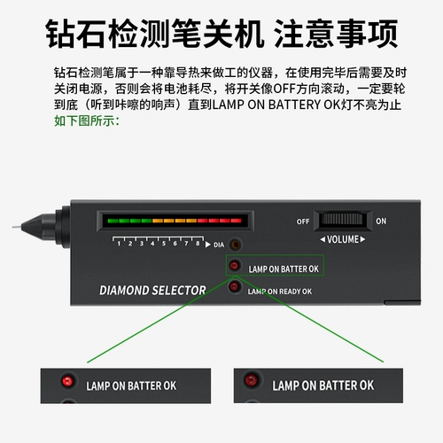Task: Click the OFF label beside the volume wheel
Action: (303, 221)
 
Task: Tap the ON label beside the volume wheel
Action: (381, 221)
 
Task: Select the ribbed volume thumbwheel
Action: (342, 220)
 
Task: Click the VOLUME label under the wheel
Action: (343, 239)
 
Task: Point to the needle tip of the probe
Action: (13, 227)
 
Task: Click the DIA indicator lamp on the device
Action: (236, 245)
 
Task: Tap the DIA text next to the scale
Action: (219, 245)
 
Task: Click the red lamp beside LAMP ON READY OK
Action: (235, 286)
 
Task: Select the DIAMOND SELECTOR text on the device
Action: (152, 291)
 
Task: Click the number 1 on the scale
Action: (119, 244)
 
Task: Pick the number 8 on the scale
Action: (198, 244)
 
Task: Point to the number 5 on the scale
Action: (164, 244)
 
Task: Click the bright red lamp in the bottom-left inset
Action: (67, 380)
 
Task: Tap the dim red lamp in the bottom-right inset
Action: (252, 379)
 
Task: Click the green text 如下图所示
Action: (87, 121)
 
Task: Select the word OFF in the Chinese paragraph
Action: (284, 89)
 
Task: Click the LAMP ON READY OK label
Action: (280, 291)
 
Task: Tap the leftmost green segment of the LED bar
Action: (113, 221)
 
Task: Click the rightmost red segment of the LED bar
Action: (237, 221)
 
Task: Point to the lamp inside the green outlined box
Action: (234, 265)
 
